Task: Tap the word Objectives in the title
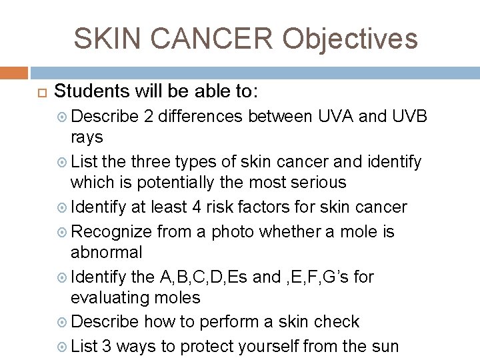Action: (x=349, y=39)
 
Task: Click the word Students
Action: (x=94, y=91)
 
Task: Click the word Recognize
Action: (x=111, y=231)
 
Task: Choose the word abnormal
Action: (x=107, y=252)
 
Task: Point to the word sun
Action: (x=385, y=346)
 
